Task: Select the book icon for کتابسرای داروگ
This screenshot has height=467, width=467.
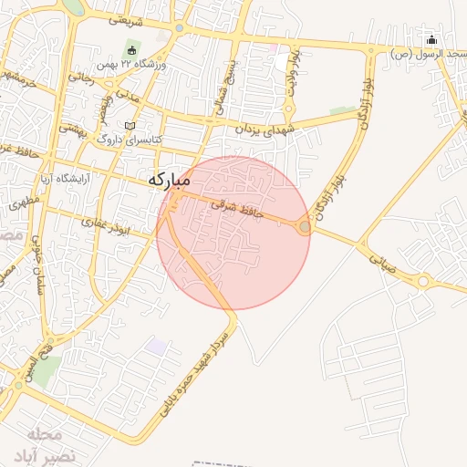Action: [130, 125]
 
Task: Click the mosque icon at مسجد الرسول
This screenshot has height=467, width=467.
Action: [432, 39]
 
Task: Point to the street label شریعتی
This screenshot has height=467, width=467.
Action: [127, 18]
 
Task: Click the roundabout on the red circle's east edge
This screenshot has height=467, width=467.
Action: [304, 226]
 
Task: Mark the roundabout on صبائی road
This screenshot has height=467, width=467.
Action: [422, 281]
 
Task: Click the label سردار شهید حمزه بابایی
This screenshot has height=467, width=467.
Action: [199, 374]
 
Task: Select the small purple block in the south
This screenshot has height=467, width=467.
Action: [157, 347]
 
